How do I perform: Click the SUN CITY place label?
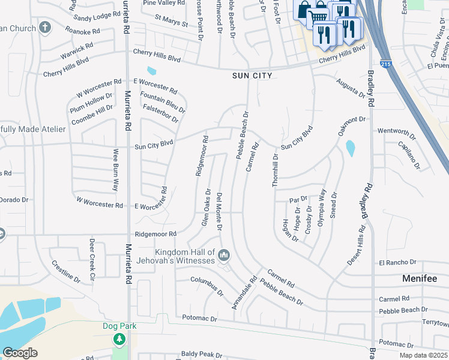(x=252, y=76)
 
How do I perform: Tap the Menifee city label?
(x=423, y=279)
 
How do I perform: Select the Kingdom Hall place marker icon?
(x=224, y=256)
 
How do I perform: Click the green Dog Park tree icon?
(x=119, y=340)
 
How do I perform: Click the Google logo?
(x=20, y=353)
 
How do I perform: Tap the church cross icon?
(x=44, y=28)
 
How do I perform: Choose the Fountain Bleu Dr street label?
(x=162, y=101)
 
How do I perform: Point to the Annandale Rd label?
(x=244, y=293)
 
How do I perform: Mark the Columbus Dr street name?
(x=207, y=286)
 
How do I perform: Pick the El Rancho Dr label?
(x=397, y=263)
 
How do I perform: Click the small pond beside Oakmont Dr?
(x=350, y=148)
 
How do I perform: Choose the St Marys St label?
(x=171, y=21)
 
